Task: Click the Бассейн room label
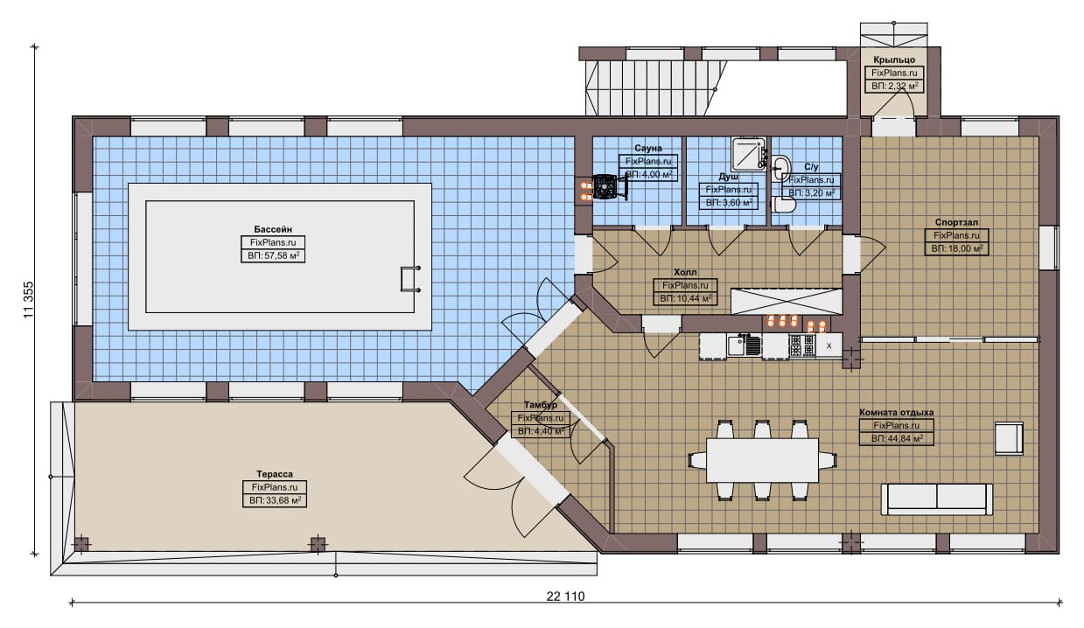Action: (x=273, y=229)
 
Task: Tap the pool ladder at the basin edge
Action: (x=410, y=279)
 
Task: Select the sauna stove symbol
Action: (x=605, y=186)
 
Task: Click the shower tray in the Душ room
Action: (x=748, y=154)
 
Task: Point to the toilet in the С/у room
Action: (x=784, y=204)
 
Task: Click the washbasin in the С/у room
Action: (x=780, y=168)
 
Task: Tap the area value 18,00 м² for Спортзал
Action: (x=957, y=248)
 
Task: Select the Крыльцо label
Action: (x=894, y=59)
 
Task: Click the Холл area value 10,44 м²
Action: (x=685, y=298)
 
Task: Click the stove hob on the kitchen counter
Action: (x=802, y=345)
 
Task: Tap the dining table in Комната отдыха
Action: (x=762, y=460)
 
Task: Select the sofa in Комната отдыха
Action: (x=936, y=499)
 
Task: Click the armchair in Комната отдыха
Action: (x=1009, y=438)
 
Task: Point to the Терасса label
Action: (x=275, y=474)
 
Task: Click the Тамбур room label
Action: (x=540, y=404)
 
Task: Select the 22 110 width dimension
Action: (x=565, y=596)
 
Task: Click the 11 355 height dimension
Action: (x=29, y=299)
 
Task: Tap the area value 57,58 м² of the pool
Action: (x=273, y=255)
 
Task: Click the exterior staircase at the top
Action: (x=655, y=87)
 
